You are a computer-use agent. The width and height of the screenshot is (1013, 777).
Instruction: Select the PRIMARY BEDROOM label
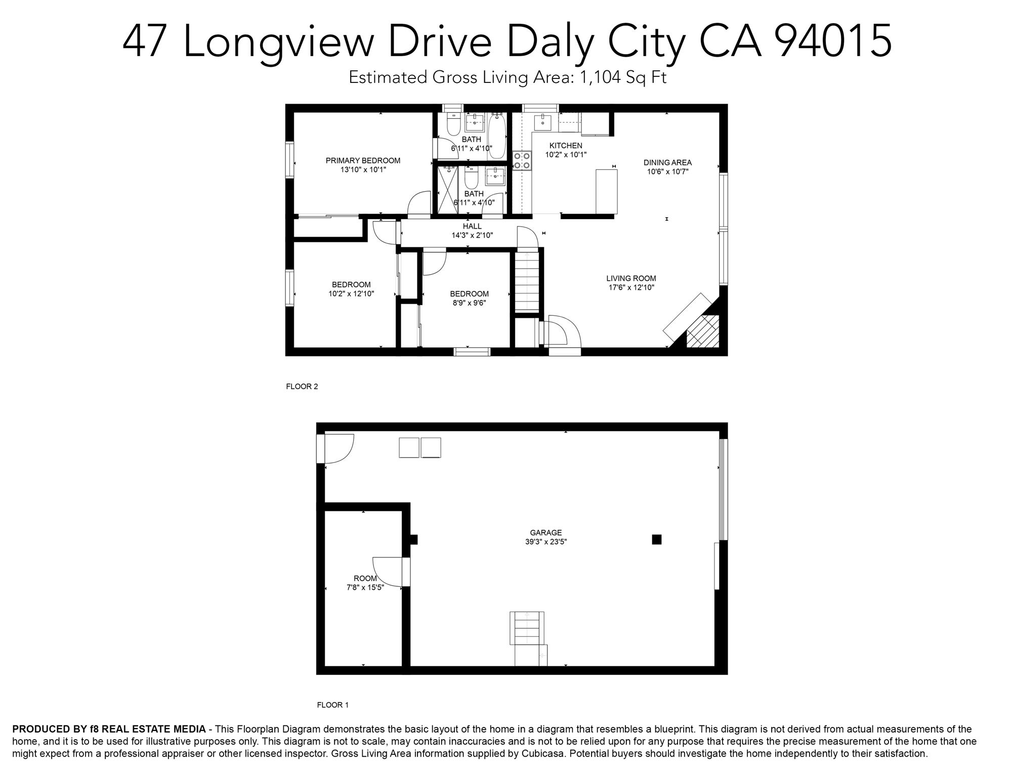coord(363,161)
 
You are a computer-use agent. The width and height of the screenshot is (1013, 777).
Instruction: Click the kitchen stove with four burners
coord(522,160)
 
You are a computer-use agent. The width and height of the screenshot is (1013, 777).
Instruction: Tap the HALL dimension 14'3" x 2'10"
coord(472,235)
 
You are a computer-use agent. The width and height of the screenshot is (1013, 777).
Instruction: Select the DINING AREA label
coord(667,162)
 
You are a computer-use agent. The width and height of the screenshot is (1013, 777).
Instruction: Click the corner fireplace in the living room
coord(702,331)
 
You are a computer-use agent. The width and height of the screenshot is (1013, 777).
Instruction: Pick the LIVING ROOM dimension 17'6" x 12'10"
coord(631,287)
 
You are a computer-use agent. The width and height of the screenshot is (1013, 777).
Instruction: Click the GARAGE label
coord(545,533)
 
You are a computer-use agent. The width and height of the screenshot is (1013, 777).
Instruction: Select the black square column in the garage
coord(656,539)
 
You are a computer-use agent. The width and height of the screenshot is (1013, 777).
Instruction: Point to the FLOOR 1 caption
coord(332,705)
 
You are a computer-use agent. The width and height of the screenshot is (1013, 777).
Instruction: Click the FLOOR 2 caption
coord(302,386)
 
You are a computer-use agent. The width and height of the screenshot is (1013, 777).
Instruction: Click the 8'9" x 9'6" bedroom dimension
coord(469,303)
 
